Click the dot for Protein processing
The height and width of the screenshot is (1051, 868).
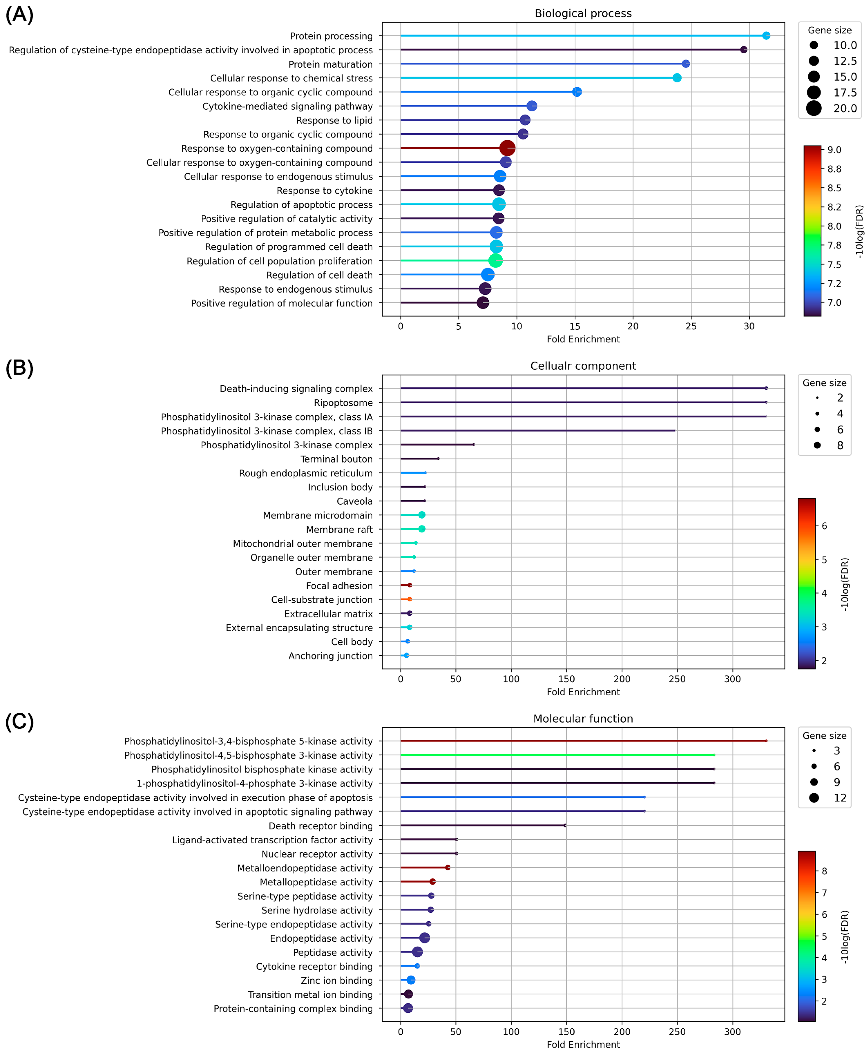click(x=766, y=35)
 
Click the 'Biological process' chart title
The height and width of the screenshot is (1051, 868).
click(x=583, y=14)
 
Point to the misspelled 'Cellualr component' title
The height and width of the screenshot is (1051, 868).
click(x=583, y=366)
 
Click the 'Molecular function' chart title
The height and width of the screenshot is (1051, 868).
click(x=583, y=719)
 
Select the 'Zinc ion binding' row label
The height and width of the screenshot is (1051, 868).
click(x=336, y=981)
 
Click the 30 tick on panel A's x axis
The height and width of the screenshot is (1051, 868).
click(x=749, y=326)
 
